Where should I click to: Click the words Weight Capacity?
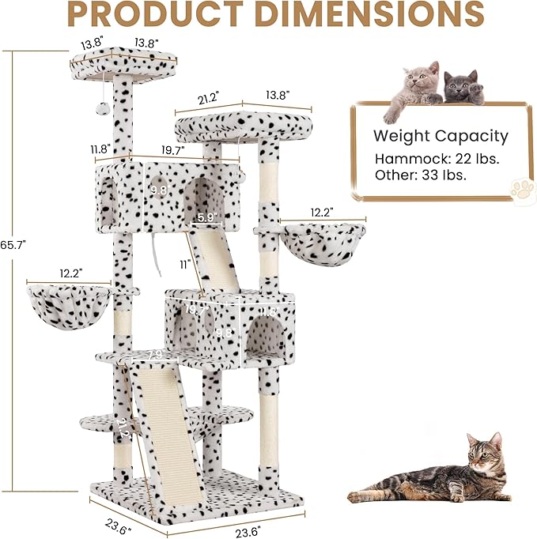441,137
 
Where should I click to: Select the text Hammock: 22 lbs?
437,159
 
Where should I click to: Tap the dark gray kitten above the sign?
460,88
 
